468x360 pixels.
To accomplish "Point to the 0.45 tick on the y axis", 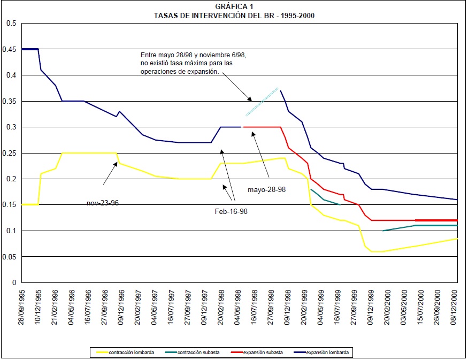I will point(11,49).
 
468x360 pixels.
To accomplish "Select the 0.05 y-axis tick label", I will point(11,257).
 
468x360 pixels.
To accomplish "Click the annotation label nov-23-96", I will point(102,203).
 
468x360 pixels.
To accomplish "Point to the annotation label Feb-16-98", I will point(231,211).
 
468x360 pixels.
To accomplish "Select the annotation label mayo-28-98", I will point(266,189).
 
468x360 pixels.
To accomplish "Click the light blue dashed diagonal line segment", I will point(262,102).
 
